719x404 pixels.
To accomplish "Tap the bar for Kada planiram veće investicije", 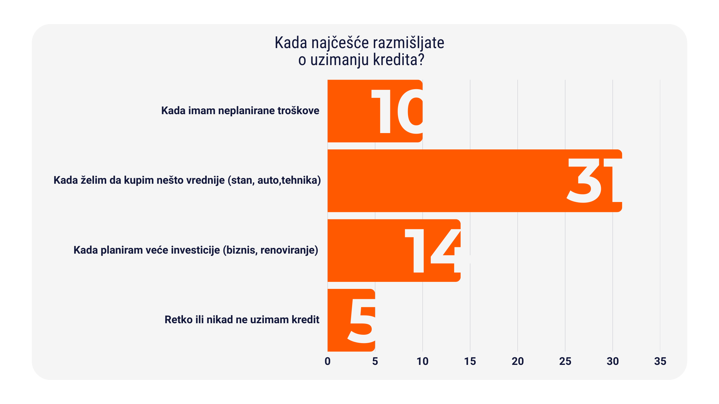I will [x=366, y=250].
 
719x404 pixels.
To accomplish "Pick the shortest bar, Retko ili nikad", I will [x=337, y=320].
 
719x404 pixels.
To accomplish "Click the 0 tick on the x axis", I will [x=327, y=361].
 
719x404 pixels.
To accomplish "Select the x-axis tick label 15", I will [x=470, y=361].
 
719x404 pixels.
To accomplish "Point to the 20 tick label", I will [x=517, y=361].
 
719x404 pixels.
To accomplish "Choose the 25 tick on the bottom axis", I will [x=565, y=361].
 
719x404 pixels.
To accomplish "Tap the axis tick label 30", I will [x=612, y=361].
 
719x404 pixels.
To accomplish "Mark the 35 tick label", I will [x=660, y=361].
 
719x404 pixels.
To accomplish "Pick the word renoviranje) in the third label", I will [x=289, y=250].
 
